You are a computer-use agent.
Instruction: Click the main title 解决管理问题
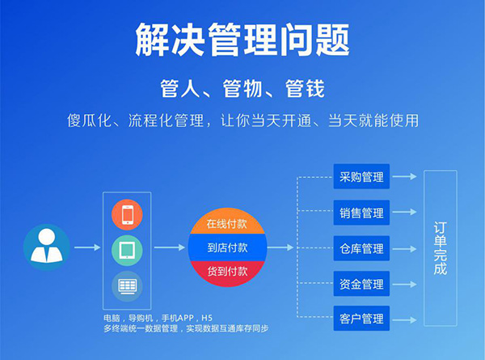242,40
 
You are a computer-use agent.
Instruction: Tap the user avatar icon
46,247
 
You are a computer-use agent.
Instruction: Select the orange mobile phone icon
127,214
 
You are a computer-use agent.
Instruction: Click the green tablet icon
127,251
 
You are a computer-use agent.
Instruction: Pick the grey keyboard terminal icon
127,286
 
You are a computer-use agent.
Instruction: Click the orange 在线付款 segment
227,222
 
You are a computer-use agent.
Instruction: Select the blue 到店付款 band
227,248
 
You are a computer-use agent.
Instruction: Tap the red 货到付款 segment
227,273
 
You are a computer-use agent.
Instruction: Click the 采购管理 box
361,176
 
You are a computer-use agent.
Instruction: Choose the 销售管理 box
361,213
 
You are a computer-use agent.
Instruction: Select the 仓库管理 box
361,248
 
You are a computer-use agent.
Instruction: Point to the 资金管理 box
361,284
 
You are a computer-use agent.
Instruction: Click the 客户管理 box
361,319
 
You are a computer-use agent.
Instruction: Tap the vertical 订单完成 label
441,248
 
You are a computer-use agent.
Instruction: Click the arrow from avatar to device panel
87,248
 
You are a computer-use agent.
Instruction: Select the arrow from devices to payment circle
169,248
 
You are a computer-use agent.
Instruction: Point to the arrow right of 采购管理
405,176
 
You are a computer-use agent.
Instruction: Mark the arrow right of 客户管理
405,320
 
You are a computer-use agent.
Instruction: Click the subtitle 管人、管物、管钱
242,88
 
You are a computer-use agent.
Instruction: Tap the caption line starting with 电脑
158,318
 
